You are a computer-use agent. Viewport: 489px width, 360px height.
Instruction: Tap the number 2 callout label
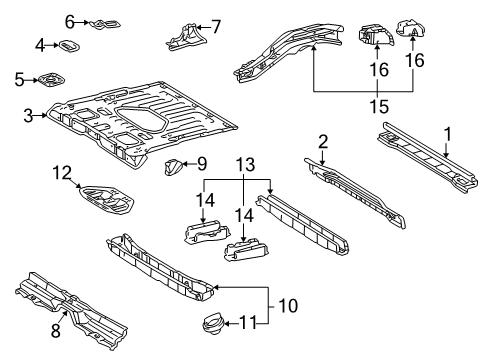(x=323, y=141)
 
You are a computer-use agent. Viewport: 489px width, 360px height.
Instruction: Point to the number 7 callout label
(x=217, y=27)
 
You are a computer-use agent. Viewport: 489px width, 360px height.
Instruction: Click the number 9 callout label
(x=201, y=163)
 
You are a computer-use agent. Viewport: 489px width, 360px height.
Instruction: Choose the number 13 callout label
(x=239, y=163)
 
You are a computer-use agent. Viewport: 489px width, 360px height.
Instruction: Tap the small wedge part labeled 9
(x=173, y=165)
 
